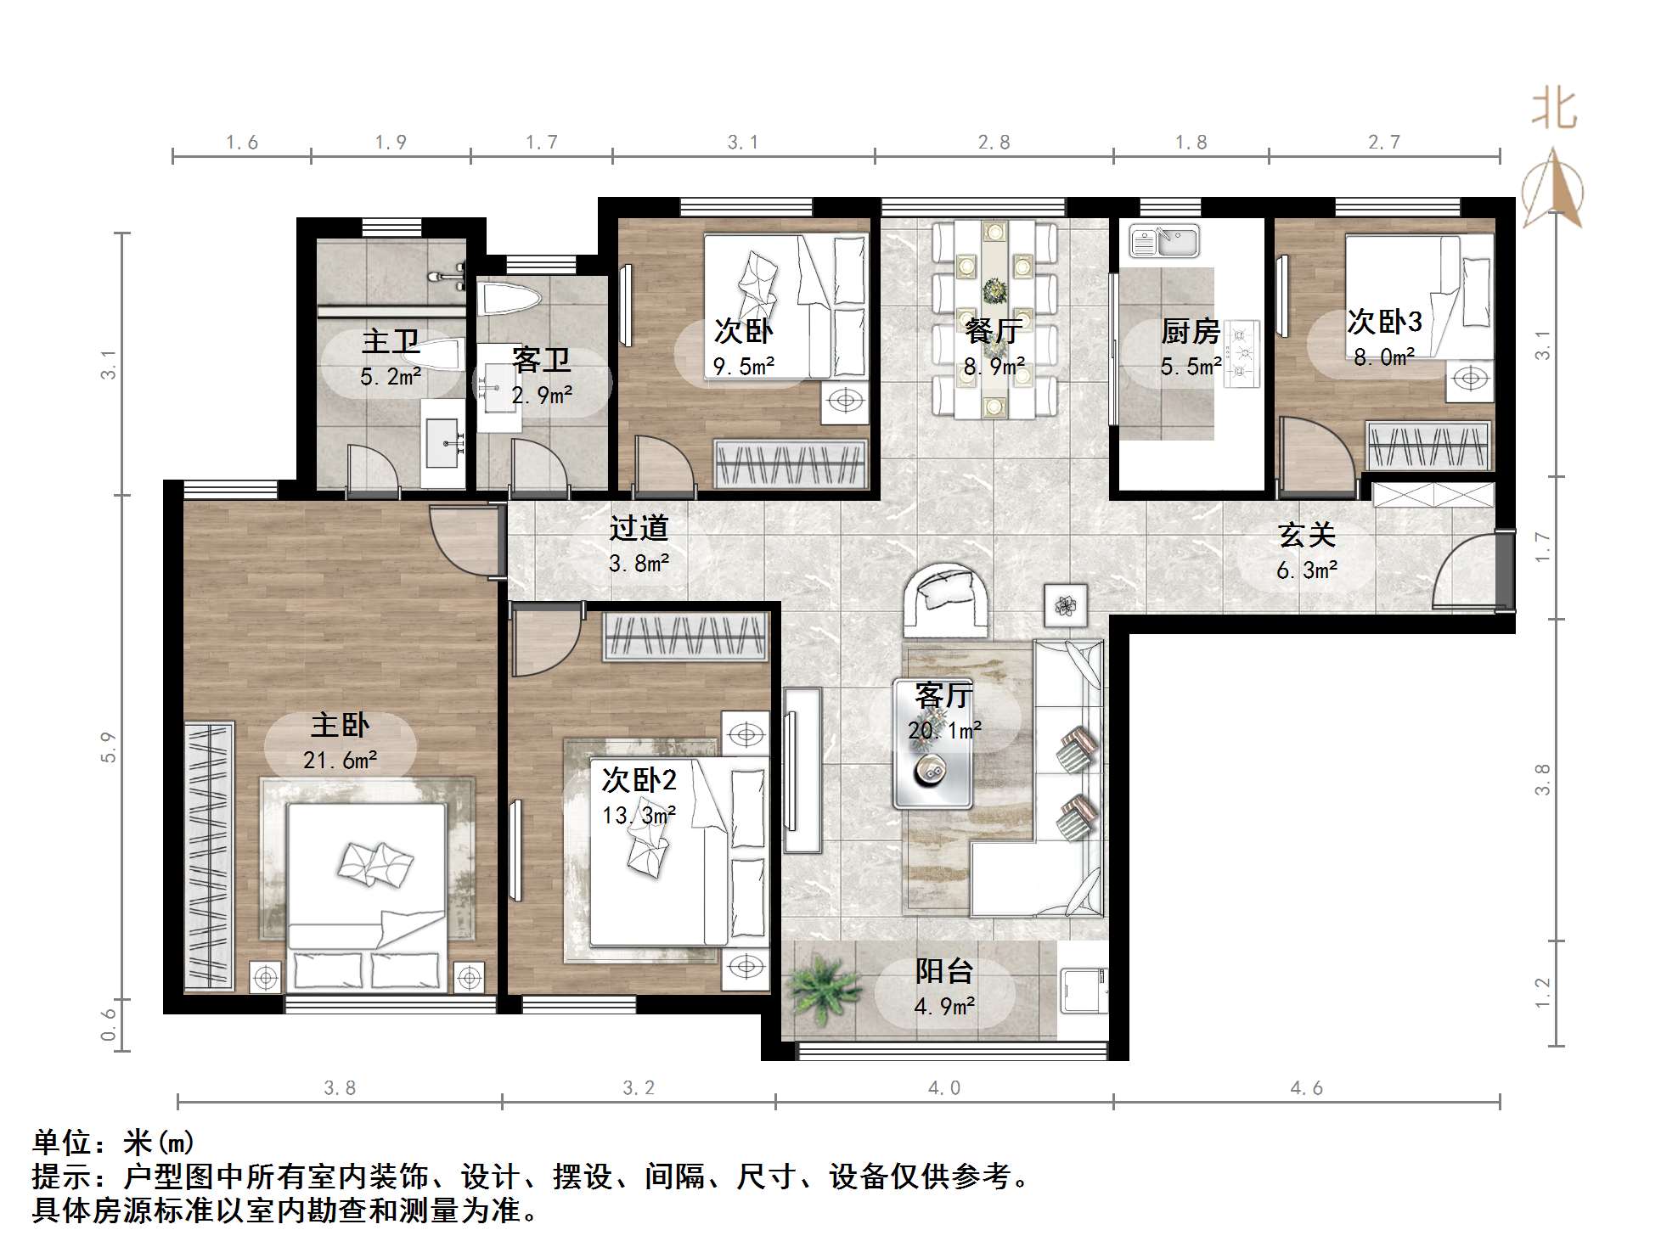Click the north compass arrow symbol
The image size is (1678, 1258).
click(1552, 188)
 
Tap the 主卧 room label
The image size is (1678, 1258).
click(340, 726)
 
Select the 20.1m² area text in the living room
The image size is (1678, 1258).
click(944, 730)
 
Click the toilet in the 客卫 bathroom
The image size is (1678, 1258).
click(510, 299)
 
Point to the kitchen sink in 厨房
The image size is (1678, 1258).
click(1163, 241)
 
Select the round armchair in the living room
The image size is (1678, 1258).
click(945, 599)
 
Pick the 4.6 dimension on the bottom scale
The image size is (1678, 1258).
click(1306, 1088)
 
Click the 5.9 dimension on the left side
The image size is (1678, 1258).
click(108, 747)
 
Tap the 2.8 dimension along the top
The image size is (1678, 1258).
click(994, 143)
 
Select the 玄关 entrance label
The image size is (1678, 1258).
click(1307, 536)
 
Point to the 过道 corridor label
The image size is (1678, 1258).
click(639, 528)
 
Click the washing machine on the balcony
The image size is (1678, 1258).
click(1083, 990)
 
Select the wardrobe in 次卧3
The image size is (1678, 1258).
click(1428, 445)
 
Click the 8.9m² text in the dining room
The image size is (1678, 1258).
click(994, 367)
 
